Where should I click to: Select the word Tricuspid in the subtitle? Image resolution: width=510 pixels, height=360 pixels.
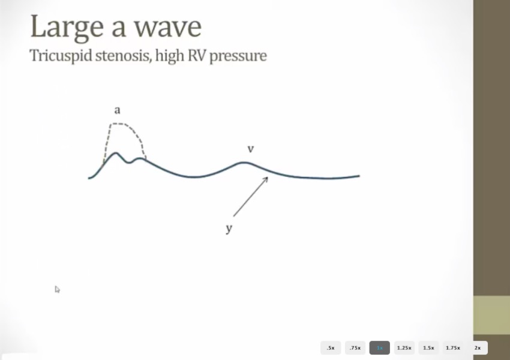[x=61, y=56]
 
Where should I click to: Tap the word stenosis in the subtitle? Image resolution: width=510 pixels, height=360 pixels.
[x=123, y=56]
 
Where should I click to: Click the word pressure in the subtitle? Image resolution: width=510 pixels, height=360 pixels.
[x=238, y=56]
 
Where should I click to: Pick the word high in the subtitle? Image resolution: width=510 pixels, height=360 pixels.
[x=169, y=56]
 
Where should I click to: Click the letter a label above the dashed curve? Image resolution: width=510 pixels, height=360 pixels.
[x=118, y=110]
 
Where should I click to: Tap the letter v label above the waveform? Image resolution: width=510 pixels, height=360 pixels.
[x=250, y=149]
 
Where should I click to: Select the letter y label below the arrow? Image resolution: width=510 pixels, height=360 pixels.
[x=229, y=229]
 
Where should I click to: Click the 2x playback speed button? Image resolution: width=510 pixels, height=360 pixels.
[x=478, y=347]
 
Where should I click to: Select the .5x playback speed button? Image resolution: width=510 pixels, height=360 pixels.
[x=331, y=347]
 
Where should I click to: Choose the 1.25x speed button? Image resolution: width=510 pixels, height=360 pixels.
[x=404, y=347]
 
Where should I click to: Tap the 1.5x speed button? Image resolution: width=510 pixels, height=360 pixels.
[x=428, y=347]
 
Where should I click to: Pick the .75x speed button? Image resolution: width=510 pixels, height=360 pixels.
[x=355, y=347]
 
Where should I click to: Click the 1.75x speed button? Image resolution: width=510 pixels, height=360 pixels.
[x=453, y=347]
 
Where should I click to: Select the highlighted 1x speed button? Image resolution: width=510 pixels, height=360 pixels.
[x=380, y=347]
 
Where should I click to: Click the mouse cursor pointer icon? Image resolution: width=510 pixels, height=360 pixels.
[x=57, y=289]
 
